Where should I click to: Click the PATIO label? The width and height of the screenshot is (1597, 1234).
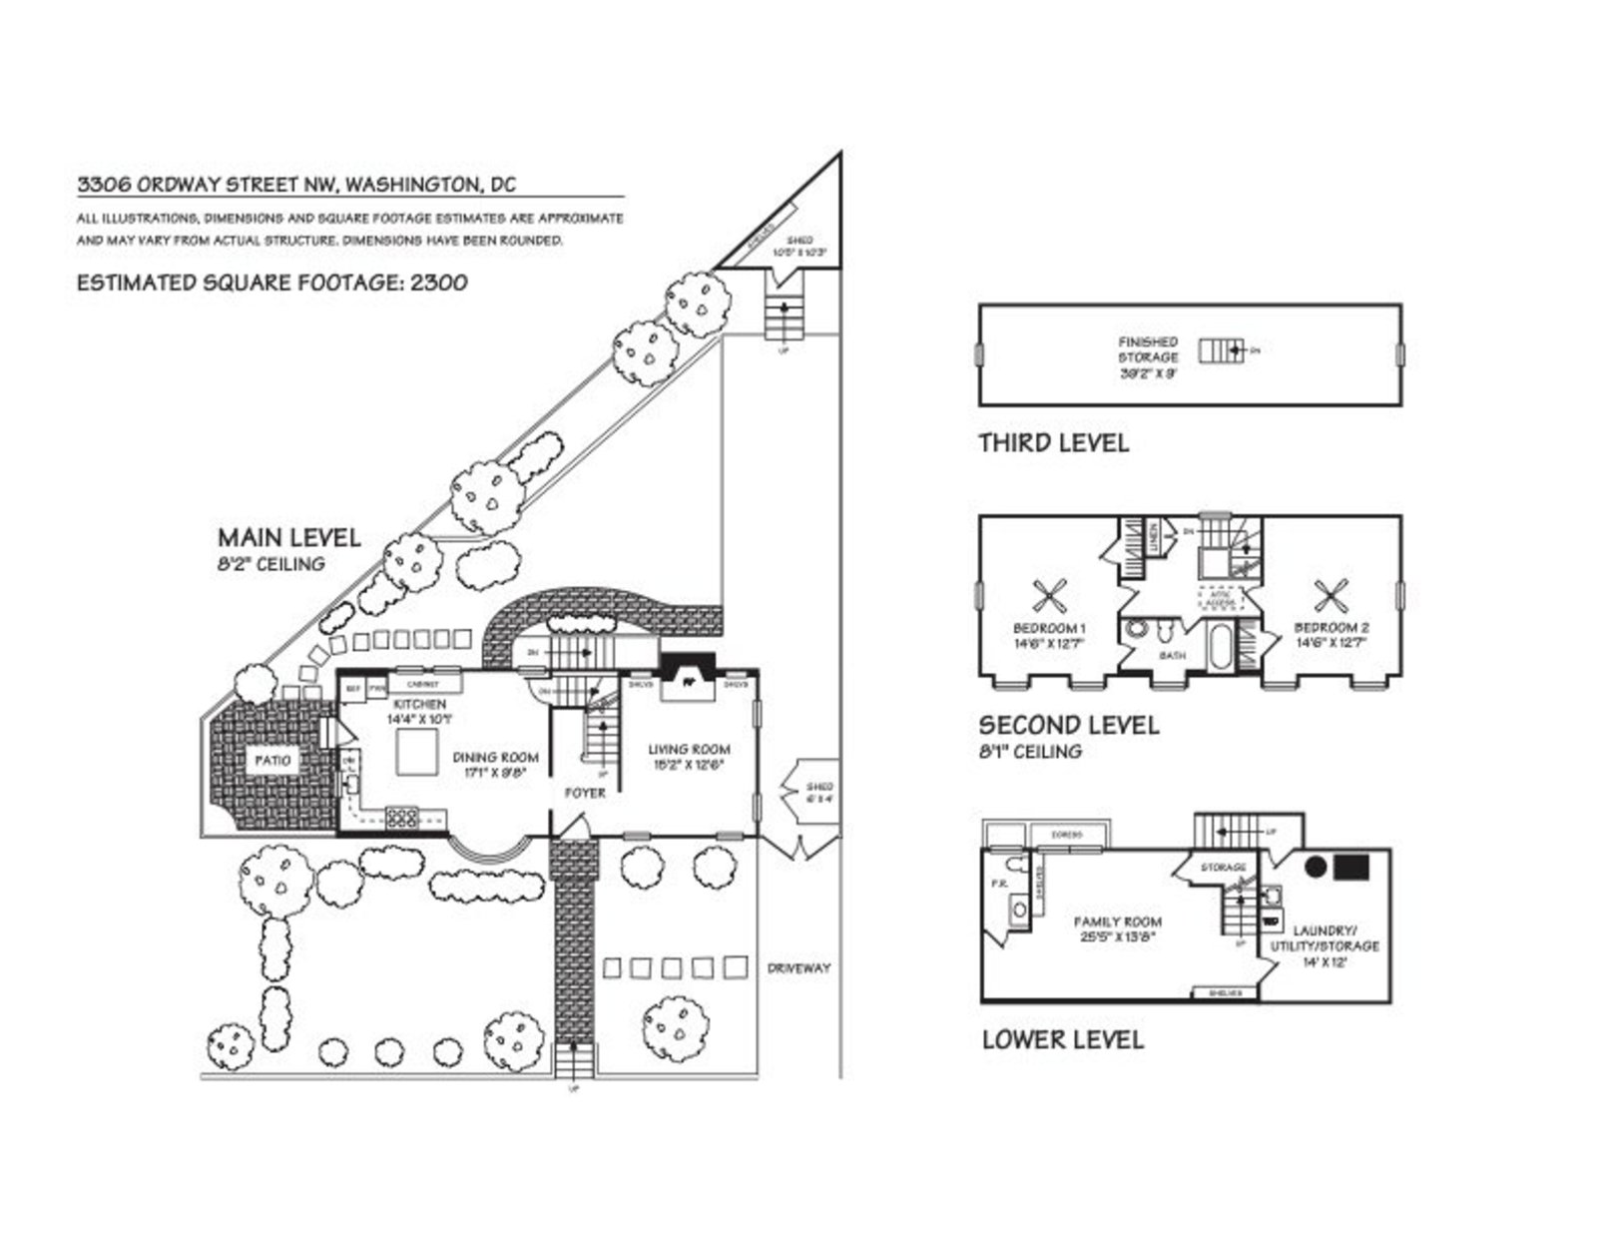270,761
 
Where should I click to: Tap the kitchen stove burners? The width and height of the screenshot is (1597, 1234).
401,818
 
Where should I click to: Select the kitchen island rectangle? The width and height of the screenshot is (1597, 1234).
416,752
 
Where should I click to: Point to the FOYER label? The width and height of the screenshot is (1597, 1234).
585,793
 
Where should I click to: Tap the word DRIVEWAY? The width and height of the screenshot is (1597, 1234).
798,967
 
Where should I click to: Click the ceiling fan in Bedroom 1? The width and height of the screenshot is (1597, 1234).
1049,598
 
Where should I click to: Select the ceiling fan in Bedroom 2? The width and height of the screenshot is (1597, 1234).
1331,598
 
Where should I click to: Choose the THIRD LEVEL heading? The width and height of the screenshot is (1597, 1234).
1053,442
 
